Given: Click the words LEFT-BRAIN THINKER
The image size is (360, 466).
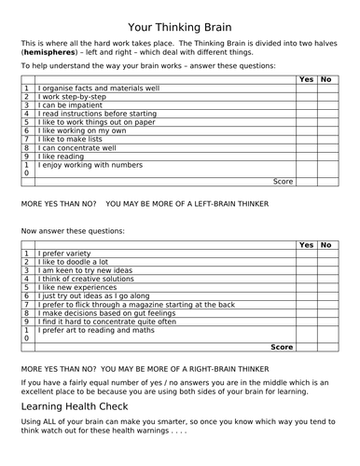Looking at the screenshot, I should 218,202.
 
